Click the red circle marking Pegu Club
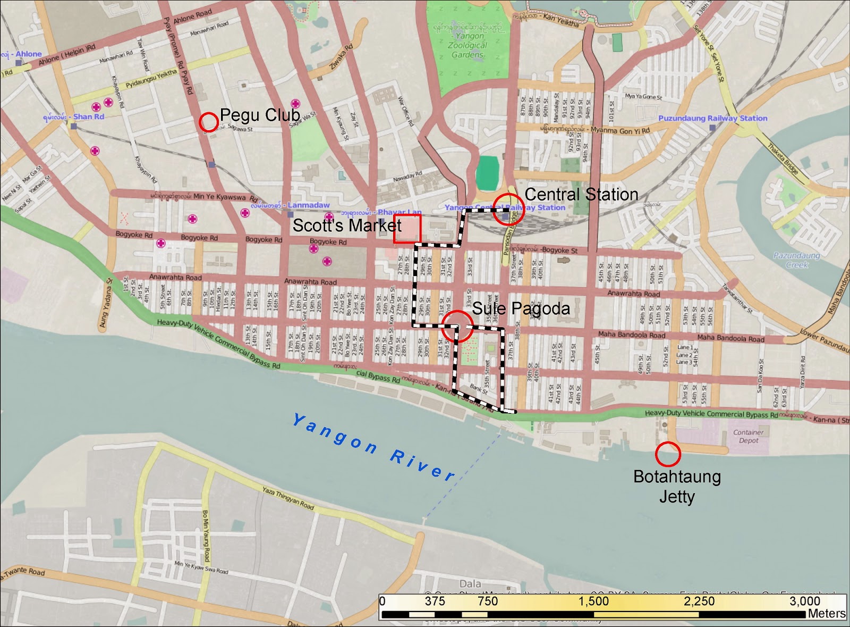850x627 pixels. (209, 122)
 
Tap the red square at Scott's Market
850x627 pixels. (407, 229)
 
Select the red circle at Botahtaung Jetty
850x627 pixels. (668, 454)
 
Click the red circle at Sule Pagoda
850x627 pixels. (457, 326)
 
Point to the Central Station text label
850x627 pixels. (581, 195)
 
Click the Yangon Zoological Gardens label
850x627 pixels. (467, 45)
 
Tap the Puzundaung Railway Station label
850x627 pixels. (712, 118)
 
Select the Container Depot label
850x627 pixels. (748, 436)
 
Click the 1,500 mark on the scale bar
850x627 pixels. (593, 601)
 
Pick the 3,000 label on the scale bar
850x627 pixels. (804, 601)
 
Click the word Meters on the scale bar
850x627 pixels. (826, 614)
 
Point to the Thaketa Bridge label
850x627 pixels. (783, 159)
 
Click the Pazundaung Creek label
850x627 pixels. (796, 260)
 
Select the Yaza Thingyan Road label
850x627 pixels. (288, 498)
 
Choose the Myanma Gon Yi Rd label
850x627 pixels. (619, 130)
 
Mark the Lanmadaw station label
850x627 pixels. (308, 205)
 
